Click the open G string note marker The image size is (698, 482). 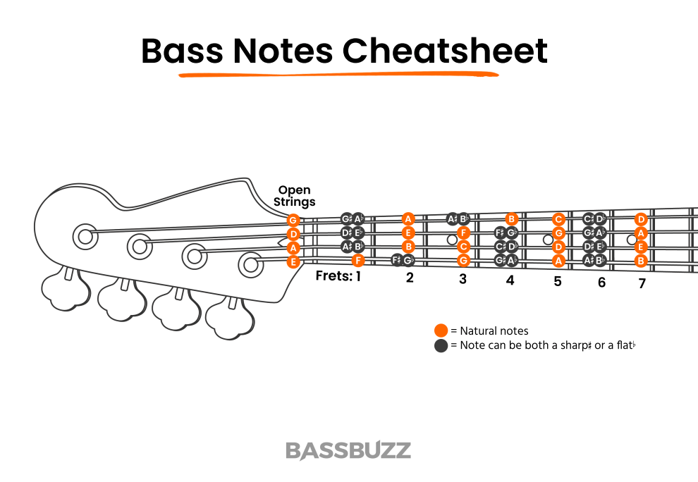click(293, 221)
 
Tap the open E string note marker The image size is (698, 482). click(293, 261)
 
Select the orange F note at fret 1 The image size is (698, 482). click(357, 260)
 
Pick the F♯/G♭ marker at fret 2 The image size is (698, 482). click(403, 260)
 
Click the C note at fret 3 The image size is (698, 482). click(463, 247)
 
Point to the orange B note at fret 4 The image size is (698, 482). click(513, 219)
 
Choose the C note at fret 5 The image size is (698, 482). click(559, 219)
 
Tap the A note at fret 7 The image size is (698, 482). click(641, 233)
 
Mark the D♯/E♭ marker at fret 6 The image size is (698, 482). click(594, 247)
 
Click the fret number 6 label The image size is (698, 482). click(601, 283)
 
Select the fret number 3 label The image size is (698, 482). click(463, 279)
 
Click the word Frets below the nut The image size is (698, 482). click(333, 276)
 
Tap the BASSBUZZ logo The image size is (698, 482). click(348, 450)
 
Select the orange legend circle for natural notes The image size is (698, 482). click(441, 330)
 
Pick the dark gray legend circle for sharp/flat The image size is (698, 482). click(441, 345)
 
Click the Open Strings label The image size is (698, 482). click(295, 196)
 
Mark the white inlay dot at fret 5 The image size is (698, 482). click(548, 240)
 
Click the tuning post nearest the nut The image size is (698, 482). click(250, 264)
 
